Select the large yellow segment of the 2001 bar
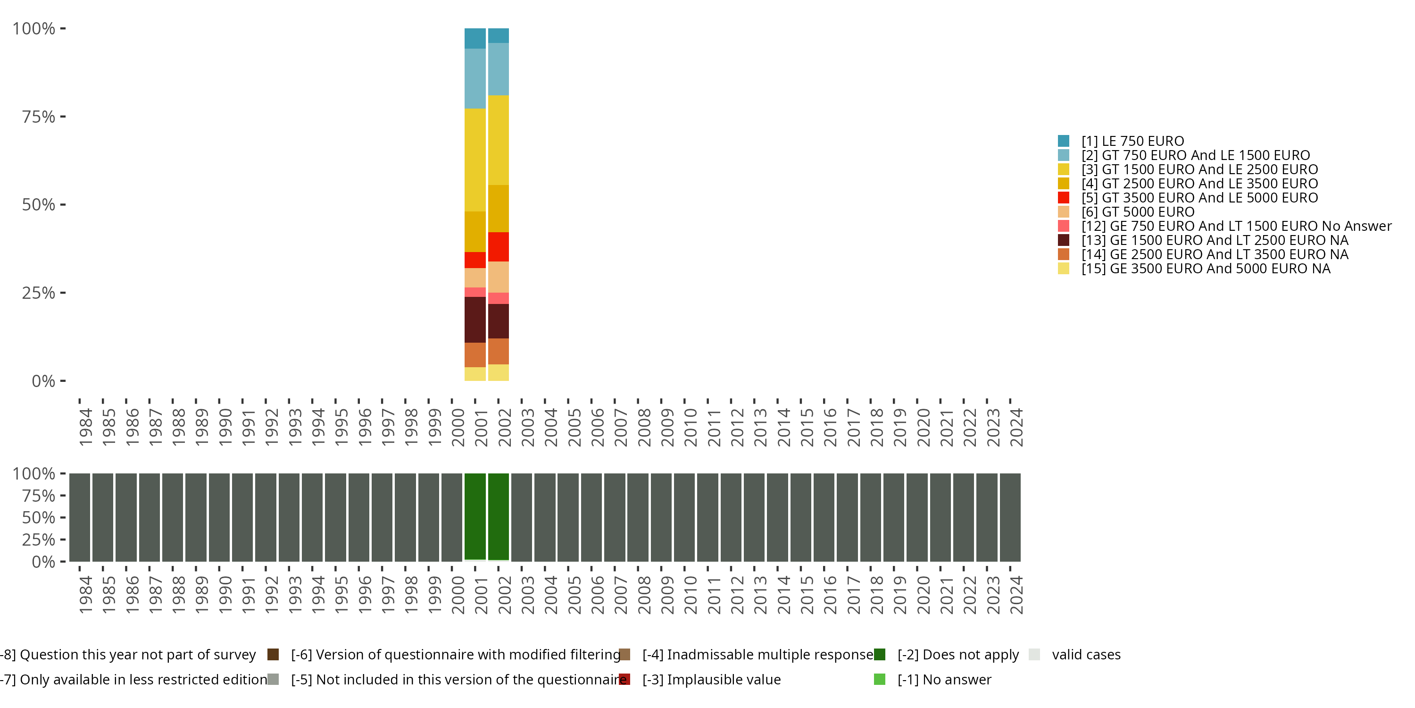click(474, 160)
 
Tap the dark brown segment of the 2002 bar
click(498, 321)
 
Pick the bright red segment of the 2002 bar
click(498, 246)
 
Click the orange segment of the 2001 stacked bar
click(474, 354)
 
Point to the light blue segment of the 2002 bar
click(498, 69)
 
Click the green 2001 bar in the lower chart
click(474, 516)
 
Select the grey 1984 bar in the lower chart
click(80, 517)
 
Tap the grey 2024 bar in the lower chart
click(1010, 517)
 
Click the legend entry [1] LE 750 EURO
click(1132, 141)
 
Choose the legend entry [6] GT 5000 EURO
click(1137, 212)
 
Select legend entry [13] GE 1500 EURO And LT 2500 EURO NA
click(1214, 240)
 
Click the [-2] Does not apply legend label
click(957, 655)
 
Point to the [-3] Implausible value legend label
click(711, 679)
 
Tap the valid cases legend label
click(1085, 655)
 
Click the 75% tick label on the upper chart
click(39, 117)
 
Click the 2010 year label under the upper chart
click(690, 427)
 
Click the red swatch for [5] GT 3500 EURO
click(1064, 198)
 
